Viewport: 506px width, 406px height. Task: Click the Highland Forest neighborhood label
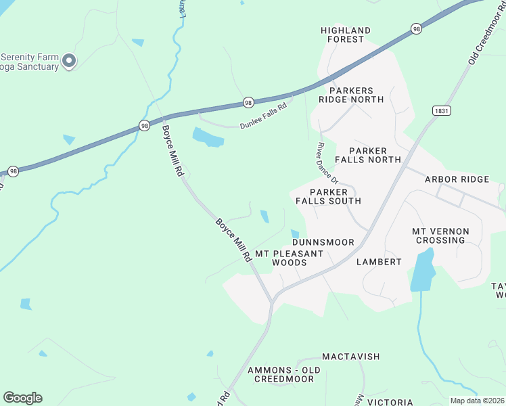[346, 35]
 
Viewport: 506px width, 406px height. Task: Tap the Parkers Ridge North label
[356, 95]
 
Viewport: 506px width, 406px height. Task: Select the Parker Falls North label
[369, 155]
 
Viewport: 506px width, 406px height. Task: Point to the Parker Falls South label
[335, 197]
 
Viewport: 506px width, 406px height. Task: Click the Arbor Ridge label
[456, 179]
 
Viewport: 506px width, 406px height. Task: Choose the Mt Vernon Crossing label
[440, 235]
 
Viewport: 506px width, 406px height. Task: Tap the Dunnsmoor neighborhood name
[323, 242]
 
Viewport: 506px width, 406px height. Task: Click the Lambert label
[379, 262]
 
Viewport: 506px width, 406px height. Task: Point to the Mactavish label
[350, 357]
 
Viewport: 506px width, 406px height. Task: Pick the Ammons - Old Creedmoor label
[281, 374]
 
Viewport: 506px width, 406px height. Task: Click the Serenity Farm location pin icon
[68, 62]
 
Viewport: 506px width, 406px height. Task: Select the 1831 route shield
[441, 110]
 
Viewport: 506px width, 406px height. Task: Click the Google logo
[22, 398]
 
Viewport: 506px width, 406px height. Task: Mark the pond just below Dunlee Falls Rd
[208, 137]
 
